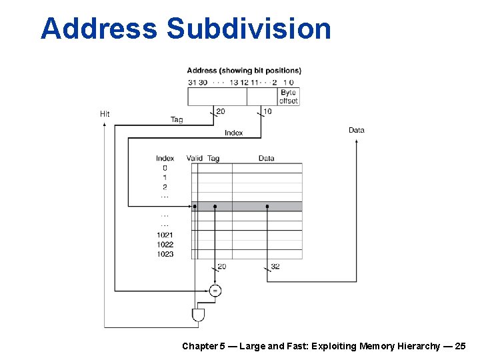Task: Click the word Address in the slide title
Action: [99, 29]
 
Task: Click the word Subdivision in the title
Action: [249, 29]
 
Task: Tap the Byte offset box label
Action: [289, 97]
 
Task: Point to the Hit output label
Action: [105, 114]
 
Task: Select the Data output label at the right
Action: [357, 130]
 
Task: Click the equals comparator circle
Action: [215, 291]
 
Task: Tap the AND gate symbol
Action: [198, 315]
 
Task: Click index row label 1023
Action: [165, 254]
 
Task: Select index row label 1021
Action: [165, 235]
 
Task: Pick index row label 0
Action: [165, 168]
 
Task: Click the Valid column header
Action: [195, 159]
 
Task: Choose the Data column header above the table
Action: [266, 159]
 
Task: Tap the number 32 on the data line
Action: [275, 267]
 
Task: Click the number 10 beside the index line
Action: [267, 111]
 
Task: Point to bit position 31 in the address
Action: [192, 83]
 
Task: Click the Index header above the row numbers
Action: [165, 159]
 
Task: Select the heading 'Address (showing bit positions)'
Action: [244, 71]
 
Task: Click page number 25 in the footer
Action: [460, 346]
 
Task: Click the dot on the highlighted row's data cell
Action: [267, 207]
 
